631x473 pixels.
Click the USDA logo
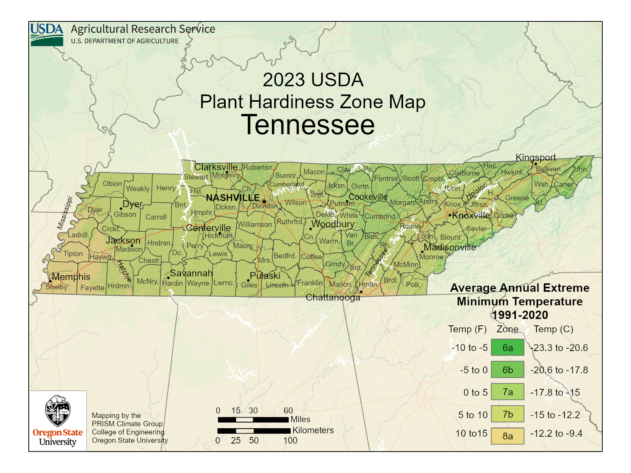[47, 34]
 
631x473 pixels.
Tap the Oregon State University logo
[58, 421]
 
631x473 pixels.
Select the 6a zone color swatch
[507, 348]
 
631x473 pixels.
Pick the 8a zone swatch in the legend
[507, 436]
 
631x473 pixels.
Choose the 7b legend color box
[507, 414]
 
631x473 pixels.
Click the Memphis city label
[71, 276]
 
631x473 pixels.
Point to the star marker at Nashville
[264, 202]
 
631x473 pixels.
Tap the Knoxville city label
[471, 215]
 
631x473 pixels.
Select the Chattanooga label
[333, 297]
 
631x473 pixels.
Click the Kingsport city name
[535, 157]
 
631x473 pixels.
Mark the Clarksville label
[216, 167]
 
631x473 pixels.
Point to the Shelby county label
[56, 287]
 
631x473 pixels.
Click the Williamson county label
[255, 224]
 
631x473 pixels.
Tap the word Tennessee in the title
[308, 125]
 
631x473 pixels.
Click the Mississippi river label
[65, 213]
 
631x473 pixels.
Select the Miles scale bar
[253, 419]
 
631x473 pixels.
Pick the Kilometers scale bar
[254, 431]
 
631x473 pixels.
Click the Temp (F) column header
[467, 329]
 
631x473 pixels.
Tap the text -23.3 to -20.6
[559, 348]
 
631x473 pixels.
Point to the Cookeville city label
[368, 197]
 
